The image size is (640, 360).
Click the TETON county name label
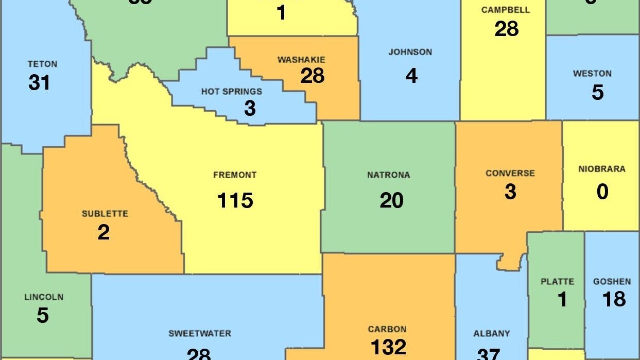[x=42, y=64]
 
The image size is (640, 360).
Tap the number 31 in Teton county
[x=39, y=82]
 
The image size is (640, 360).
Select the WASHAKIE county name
[x=301, y=60]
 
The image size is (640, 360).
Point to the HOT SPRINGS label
[x=231, y=92]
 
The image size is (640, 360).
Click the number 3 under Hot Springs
[x=250, y=109]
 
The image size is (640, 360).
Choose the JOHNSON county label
[x=410, y=52]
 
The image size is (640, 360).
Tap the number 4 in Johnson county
[x=411, y=76]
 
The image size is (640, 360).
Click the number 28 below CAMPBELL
[x=506, y=29]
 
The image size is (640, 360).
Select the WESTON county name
[x=592, y=74]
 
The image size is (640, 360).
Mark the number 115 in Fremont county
[x=235, y=200]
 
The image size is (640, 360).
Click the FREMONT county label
[x=235, y=175]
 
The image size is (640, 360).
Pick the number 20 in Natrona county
[x=391, y=200]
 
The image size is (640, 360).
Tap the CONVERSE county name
[x=510, y=173]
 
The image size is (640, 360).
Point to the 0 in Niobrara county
[x=602, y=192]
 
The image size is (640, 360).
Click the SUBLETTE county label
[x=105, y=213]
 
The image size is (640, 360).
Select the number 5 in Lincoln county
[x=43, y=315]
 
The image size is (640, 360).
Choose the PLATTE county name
[x=557, y=282]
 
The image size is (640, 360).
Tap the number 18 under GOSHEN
[x=614, y=299]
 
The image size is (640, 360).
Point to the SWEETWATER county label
[x=200, y=333]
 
